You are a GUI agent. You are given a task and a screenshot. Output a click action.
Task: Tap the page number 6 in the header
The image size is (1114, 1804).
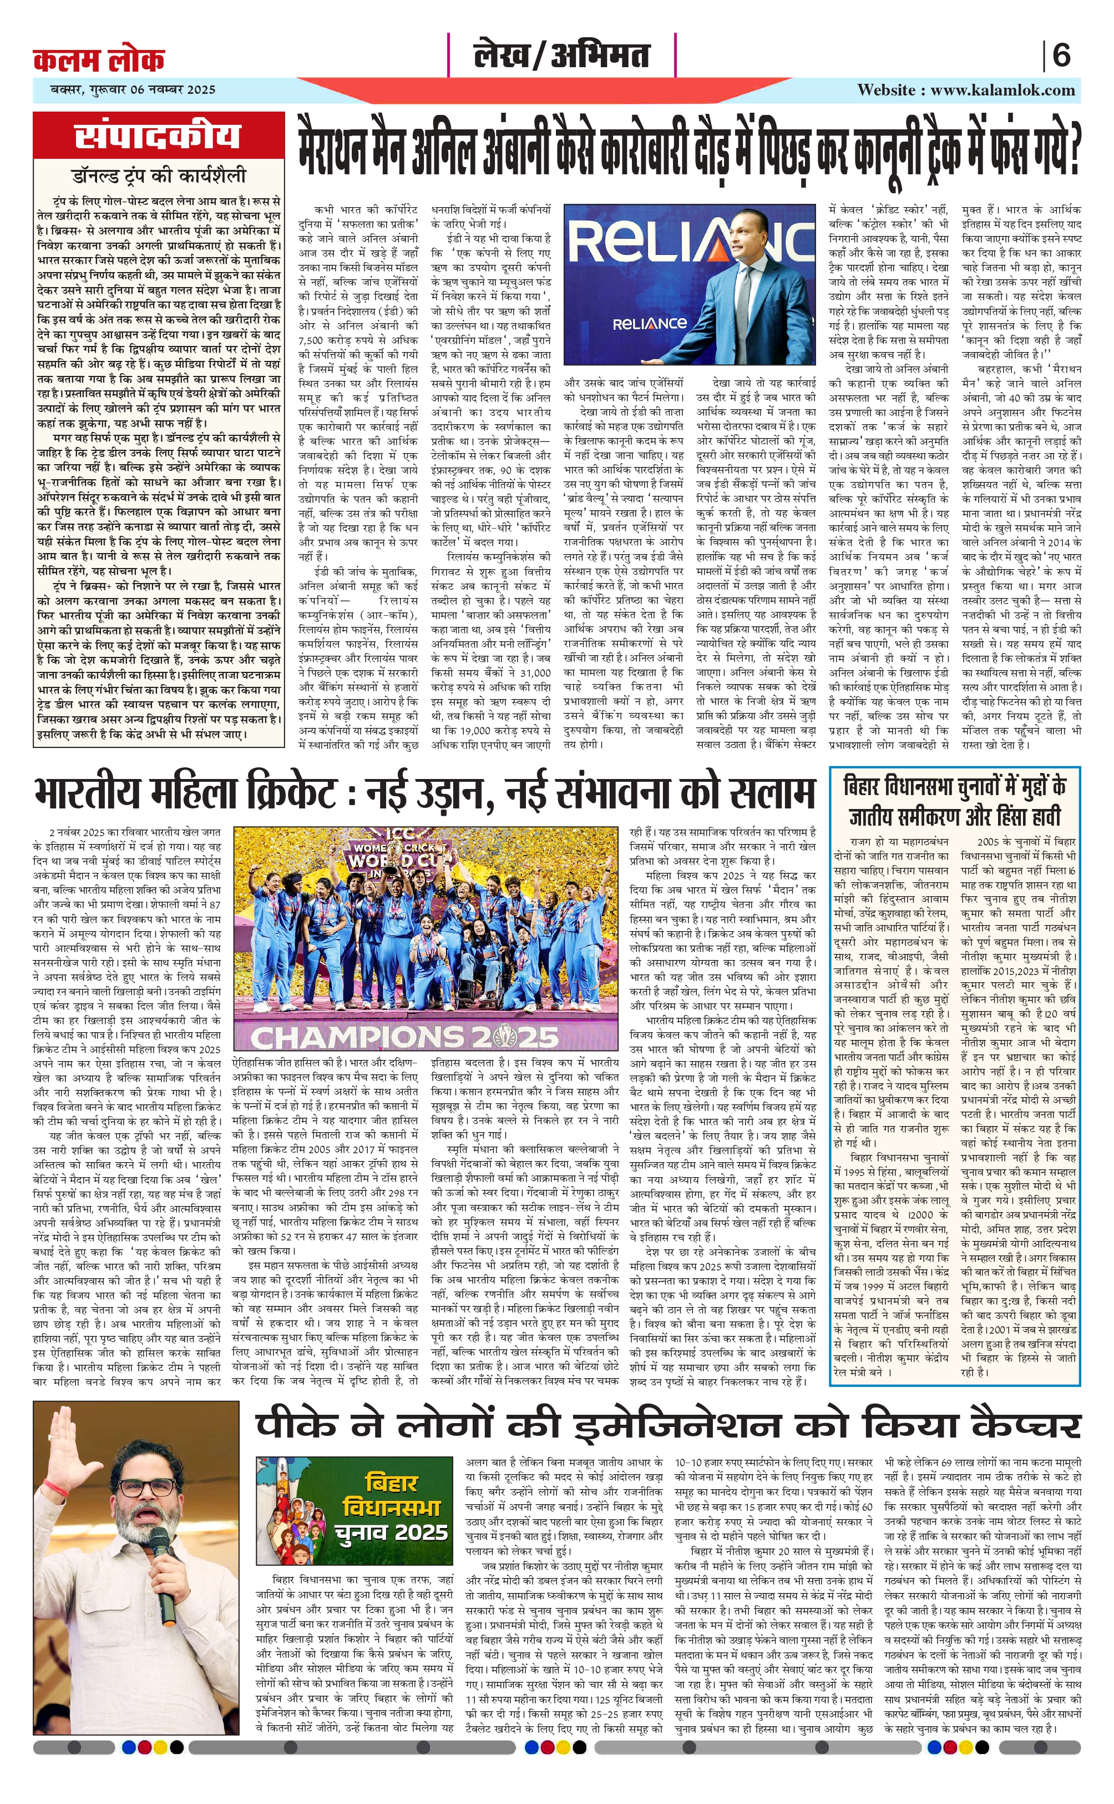click(x=1061, y=56)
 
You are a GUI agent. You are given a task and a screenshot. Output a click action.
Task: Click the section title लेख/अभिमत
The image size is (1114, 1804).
click(x=561, y=56)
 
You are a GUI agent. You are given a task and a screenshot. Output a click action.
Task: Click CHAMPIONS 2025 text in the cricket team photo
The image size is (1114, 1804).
click(x=404, y=1037)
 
